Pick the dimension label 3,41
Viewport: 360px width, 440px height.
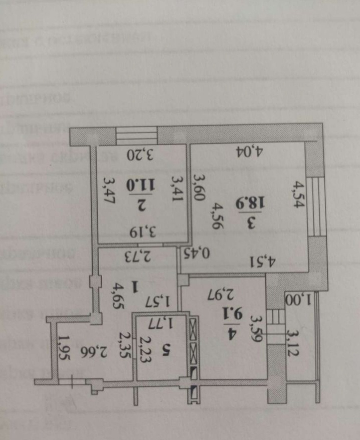click(177, 187)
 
